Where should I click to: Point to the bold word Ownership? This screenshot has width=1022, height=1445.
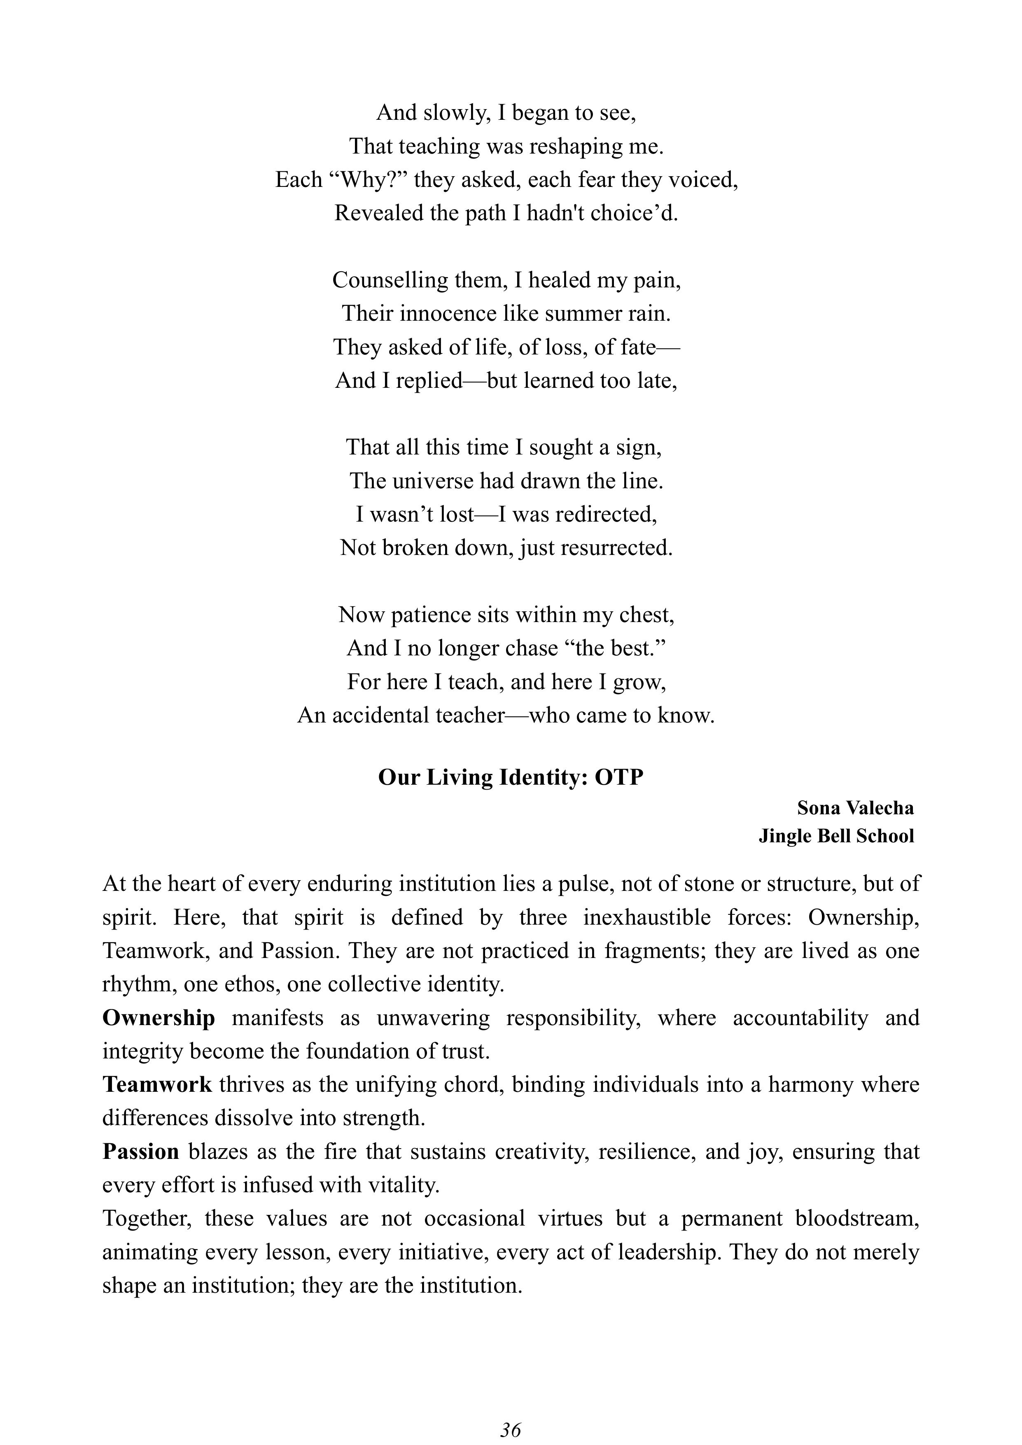pos(159,1018)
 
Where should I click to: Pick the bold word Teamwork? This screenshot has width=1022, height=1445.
pos(157,1084)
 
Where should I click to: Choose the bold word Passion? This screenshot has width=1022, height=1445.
pos(141,1151)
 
